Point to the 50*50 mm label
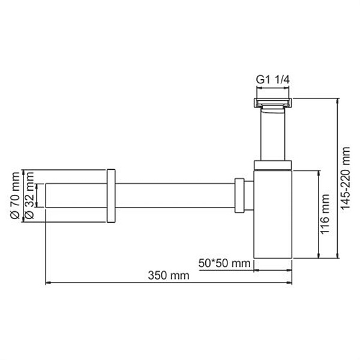[x=224, y=263]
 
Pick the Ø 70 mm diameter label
[x=15, y=196]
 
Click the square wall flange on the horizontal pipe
[x=110, y=196]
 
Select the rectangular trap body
[x=273, y=216]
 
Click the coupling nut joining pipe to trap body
[x=240, y=196]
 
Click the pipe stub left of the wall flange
[x=76, y=196]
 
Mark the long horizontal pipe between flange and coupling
[x=174, y=196]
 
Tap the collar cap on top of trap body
[x=273, y=166]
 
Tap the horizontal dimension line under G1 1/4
[x=273, y=89]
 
